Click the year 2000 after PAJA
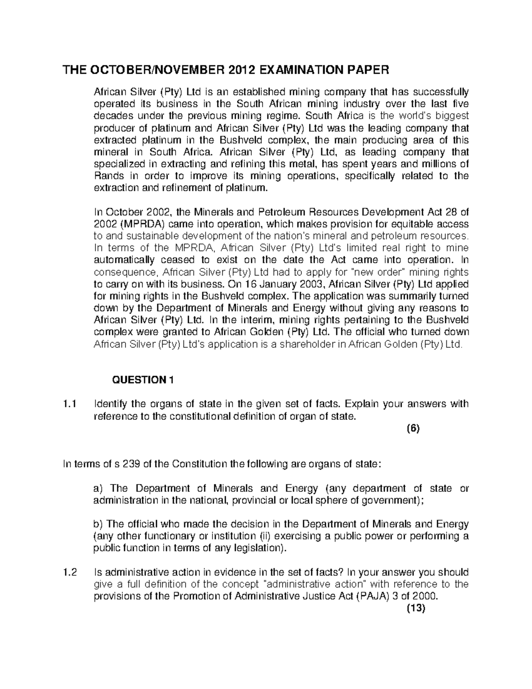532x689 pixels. [426, 596]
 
